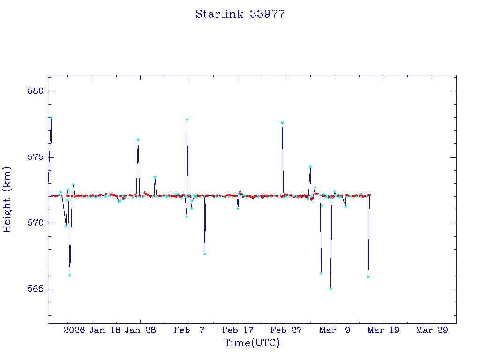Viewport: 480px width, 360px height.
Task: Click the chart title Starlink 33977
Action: tap(240, 14)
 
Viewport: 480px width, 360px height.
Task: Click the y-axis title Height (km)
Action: tap(7, 199)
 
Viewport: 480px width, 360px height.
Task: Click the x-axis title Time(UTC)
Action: tap(252, 343)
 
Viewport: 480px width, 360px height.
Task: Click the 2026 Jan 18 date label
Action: tap(91, 330)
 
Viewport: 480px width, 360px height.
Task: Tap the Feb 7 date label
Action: tap(188, 330)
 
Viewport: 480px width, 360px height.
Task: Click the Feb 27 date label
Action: tap(286, 330)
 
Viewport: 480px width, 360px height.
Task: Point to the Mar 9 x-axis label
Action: tap(335, 330)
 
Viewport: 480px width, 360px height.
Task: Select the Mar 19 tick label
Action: tap(383, 330)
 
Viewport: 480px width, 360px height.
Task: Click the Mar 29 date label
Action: tap(432, 330)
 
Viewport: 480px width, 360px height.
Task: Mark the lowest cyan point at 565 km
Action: tap(330, 289)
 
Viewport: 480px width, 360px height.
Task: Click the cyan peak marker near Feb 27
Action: tap(282, 122)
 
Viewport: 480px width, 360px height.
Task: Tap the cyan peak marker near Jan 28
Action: tap(138, 139)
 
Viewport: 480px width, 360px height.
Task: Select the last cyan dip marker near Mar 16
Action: tap(368, 277)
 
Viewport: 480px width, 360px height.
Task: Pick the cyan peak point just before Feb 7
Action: tap(187, 119)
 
